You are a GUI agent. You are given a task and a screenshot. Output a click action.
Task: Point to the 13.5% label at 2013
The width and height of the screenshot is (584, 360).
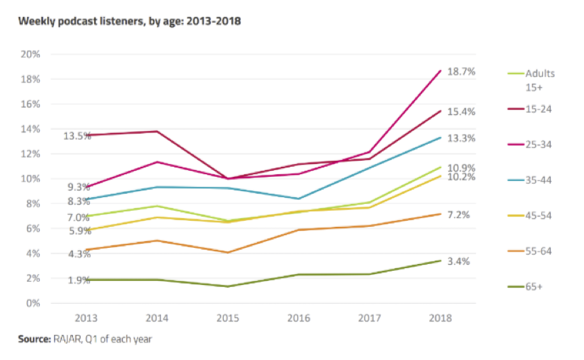pyautogui.click(x=77, y=136)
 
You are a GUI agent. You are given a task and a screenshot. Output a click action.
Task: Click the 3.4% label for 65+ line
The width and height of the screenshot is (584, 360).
pyautogui.click(x=460, y=261)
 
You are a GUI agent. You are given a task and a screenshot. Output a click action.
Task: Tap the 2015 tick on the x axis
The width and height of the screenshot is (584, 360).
pyautogui.click(x=228, y=318)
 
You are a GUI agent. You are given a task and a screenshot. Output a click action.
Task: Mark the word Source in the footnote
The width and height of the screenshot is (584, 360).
pyautogui.click(x=33, y=338)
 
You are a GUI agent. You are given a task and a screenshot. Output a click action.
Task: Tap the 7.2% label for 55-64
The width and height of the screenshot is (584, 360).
pyautogui.click(x=459, y=215)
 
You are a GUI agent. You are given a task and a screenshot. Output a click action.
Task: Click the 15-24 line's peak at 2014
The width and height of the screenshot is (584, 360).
pyautogui.click(x=157, y=131)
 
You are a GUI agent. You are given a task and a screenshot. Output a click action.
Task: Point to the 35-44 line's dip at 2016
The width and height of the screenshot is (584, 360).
pyautogui.click(x=298, y=199)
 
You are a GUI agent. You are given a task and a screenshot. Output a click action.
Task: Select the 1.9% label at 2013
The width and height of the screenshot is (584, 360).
pyautogui.click(x=79, y=280)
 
